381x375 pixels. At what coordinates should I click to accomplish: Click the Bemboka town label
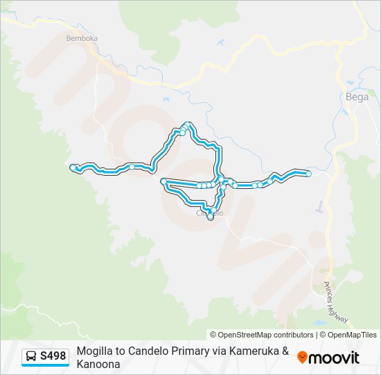coord(81,38)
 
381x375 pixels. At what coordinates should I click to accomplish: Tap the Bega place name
coord(357,97)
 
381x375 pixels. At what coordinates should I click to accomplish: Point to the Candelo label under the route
coord(210,213)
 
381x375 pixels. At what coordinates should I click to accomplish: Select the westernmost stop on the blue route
coord(73,167)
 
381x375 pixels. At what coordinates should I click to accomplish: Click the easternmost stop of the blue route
coord(308,174)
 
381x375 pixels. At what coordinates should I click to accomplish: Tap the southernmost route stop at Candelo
coord(210,217)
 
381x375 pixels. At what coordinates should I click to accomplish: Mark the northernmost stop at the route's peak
coord(186,125)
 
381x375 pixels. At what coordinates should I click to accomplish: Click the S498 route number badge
coord(53,356)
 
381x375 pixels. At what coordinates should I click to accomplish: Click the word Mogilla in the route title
coord(94,351)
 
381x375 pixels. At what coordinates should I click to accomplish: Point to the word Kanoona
coord(98,363)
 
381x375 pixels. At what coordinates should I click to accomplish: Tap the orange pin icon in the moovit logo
coord(302,357)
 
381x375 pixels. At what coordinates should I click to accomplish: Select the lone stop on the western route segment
coord(132,167)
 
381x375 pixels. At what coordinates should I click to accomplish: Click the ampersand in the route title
coord(285,351)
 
